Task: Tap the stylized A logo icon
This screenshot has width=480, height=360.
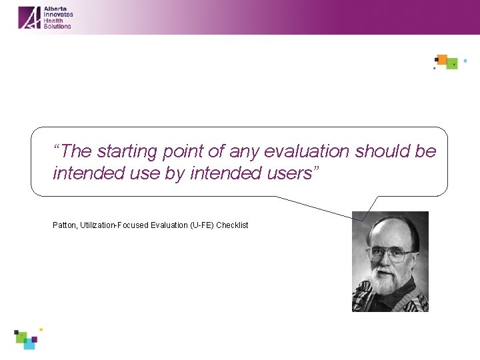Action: pyautogui.click(x=29, y=17)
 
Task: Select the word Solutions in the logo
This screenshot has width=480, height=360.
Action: pyautogui.click(x=57, y=26)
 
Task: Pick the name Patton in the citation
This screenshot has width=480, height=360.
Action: pyautogui.click(x=64, y=225)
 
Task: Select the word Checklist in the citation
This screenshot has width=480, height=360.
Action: pyautogui.click(x=232, y=225)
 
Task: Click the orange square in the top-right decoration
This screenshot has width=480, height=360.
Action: pyautogui.click(x=441, y=59)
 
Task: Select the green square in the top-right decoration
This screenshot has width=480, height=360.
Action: pyautogui.click(x=452, y=64)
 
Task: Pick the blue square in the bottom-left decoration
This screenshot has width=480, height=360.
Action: pyautogui.click(x=29, y=344)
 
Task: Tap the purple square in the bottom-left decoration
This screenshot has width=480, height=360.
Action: pyautogui.click(x=34, y=339)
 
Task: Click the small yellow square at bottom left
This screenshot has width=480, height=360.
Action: pyautogui.click(x=41, y=329)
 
